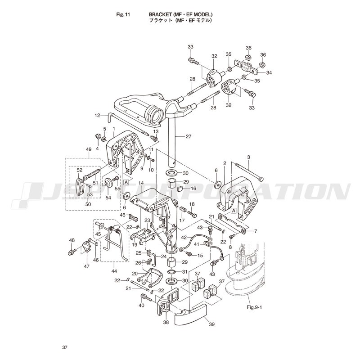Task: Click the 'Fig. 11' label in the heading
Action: click(x=123, y=15)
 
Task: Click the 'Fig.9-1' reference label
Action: click(x=254, y=307)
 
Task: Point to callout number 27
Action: click(x=189, y=136)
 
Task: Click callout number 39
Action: click(x=211, y=324)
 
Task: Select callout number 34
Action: click(x=269, y=73)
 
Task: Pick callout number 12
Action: click(x=97, y=115)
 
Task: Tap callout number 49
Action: click(x=89, y=149)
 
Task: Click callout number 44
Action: click(x=114, y=271)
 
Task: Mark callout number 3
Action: click(x=249, y=157)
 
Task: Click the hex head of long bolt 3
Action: click(x=261, y=178)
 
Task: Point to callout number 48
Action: click(x=72, y=240)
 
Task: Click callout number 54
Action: click(x=108, y=198)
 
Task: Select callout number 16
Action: click(x=193, y=189)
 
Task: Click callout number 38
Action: click(x=166, y=322)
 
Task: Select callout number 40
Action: click(x=141, y=305)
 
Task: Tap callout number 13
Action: click(x=156, y=131)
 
